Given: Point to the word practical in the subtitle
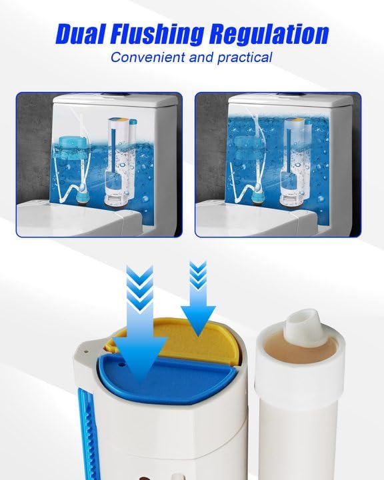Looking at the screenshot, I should click(244, 57).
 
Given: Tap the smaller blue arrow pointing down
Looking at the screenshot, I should click(200, 300).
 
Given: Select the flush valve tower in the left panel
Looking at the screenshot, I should click(121, 160).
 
